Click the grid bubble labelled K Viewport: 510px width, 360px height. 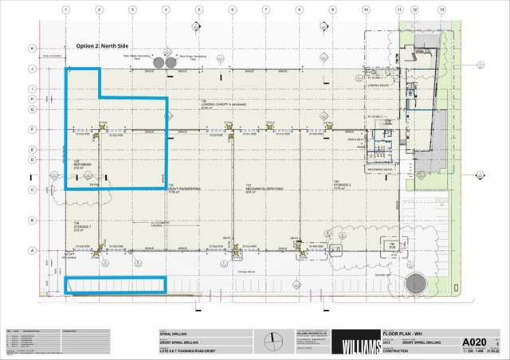[x=33, y=49]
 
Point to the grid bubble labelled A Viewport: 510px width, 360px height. [x=33, y=250]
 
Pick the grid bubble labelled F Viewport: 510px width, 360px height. [x=33, y=129]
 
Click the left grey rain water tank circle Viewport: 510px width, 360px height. [x=158, y=62]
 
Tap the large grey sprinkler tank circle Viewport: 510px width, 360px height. [x=416, y=283]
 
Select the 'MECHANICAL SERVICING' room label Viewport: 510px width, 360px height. [x=254, y=189]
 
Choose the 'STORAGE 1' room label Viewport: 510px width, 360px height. [x=83, y=225]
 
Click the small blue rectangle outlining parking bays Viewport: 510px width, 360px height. [x=116, y=285]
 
